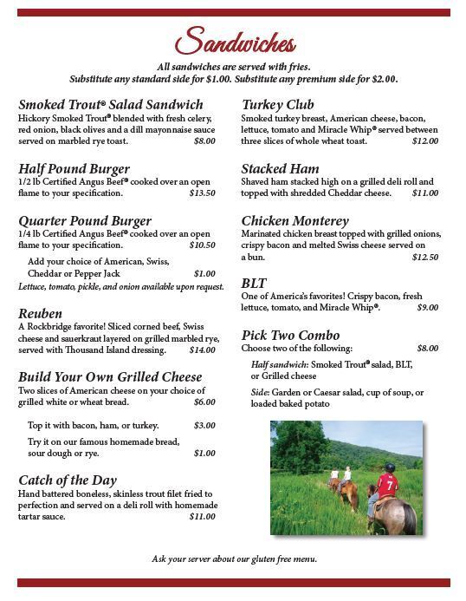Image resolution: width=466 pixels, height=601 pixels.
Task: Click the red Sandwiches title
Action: coord(235,42)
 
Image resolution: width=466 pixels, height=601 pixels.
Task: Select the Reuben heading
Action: coord(40,313)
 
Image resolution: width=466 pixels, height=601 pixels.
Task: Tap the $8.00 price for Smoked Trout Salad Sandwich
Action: coord(204,140)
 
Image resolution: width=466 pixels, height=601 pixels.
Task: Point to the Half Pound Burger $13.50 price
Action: coord(202,193)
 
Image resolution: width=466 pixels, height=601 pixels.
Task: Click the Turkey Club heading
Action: coord(277,105)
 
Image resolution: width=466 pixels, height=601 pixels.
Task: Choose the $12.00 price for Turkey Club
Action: coord(424,140)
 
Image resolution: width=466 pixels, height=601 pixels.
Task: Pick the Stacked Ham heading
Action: coord(280,168)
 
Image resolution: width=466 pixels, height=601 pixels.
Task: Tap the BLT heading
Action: coord(254,284)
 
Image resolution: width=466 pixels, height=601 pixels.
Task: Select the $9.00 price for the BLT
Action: coord(427,307)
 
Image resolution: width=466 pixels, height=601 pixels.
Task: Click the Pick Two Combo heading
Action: coord(290,336)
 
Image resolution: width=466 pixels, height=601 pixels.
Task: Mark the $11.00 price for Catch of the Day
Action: coord(202,516)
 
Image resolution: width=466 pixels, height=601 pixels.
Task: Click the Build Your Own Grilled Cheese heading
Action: coord(110,376)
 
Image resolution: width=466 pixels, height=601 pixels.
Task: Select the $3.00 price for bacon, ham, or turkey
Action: coord(204,425)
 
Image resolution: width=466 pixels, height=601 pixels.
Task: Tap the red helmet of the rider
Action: coord(390,467)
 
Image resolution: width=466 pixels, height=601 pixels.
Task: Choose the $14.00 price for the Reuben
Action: coord(202,349)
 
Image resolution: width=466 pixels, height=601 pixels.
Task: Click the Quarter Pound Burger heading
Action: coord(85,221)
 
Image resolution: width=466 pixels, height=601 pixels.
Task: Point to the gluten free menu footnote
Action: coord(234,559)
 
